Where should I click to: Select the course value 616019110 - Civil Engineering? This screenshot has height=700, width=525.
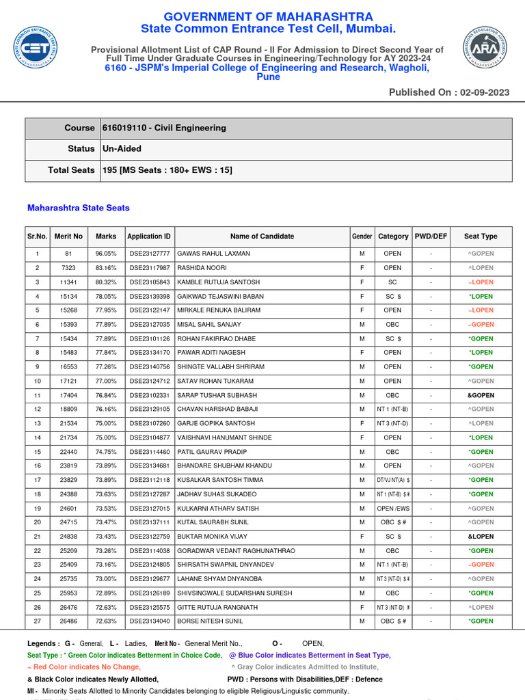[x=164, y=128]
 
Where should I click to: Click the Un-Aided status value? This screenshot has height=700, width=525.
[x=122, y=148]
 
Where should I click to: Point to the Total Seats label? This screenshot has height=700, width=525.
[x=71, y=170]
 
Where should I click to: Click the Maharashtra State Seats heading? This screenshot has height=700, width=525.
[x=78, y=208]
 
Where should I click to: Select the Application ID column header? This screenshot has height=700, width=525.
[x=149, y=237]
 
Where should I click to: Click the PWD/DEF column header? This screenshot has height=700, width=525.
[x=431, y=237]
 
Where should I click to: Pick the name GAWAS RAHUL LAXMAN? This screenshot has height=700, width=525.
[x=213, y=254]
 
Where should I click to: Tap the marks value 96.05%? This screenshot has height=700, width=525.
[x=106, y=254]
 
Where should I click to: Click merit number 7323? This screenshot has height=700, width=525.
[x=68, y=268]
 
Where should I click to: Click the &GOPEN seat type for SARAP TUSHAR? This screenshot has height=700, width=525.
[x=481, y=395]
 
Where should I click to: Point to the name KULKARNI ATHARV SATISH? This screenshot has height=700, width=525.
[x=218, y=509]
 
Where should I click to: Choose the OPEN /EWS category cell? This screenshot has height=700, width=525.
[x=392, y=509]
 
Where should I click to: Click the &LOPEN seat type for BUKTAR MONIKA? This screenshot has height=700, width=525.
[x=481, y=537]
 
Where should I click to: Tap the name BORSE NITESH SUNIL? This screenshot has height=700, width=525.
[x=210, y=621]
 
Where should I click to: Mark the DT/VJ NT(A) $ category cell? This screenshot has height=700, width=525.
[x=393, y=480]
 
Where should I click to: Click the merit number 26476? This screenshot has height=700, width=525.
[x=68, y=607]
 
